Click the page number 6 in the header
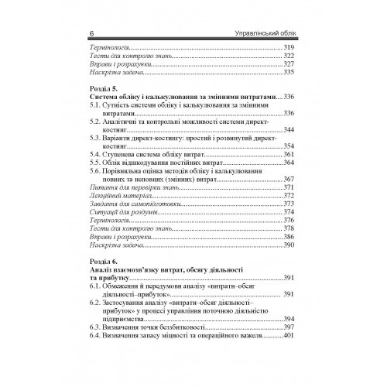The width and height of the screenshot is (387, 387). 91,33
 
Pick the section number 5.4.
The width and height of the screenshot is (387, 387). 96,155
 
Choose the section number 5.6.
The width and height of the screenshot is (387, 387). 96,171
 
